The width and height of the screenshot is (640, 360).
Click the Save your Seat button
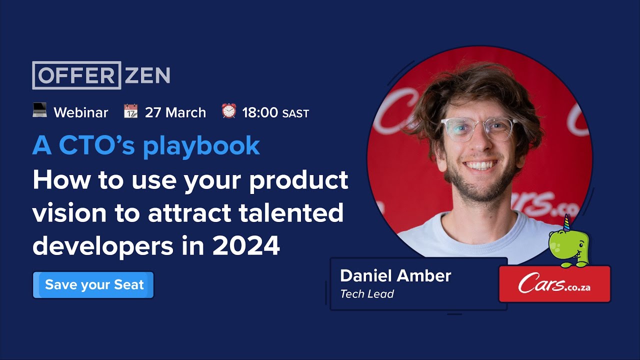[93, 285]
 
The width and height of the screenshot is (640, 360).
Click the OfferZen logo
[101, 75]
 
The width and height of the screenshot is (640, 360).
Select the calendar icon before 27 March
[130, 111]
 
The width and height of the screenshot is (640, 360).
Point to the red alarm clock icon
[228, 111]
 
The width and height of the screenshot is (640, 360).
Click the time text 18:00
[260, 112]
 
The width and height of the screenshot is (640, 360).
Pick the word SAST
[295, 114]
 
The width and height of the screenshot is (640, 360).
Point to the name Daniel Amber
[395, 275]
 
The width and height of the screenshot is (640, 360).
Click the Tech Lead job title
[367, 294]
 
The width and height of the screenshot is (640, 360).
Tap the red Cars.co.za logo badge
[554, 284]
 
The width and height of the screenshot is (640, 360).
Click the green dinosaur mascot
[568, 245]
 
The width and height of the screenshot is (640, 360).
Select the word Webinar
[81, 112]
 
